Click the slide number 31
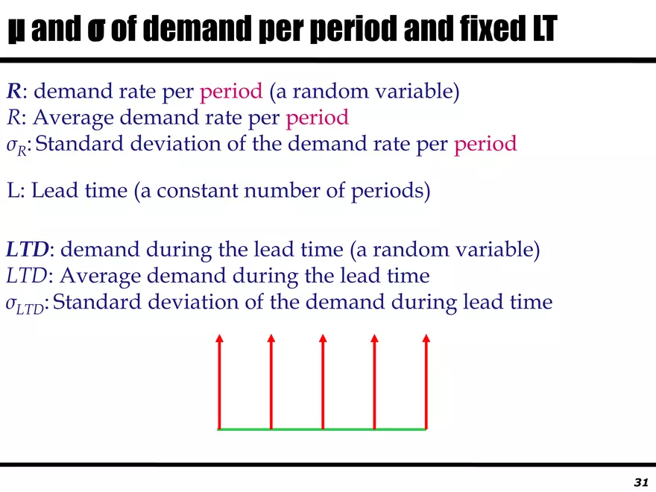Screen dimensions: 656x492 tap(641, 482)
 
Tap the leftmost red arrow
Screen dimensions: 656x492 tap(219, 382)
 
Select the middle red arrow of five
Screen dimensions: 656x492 tap(323, 382)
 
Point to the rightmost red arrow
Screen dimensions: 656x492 tap(426, 382)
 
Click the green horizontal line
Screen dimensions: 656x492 tap(321, 429)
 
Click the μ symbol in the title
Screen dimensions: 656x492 tap(16, 30)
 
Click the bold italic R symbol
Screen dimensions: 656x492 tap(14, 91)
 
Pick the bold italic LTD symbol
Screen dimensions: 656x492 tap(28, 249)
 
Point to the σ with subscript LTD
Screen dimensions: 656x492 tap(25, 304)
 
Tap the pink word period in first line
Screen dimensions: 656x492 tap(231, 92)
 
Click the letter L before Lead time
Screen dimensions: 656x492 tap(13, 190)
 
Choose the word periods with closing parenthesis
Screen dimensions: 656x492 tap(391, 192)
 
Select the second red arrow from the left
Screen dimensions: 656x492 tap(271, 382)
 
